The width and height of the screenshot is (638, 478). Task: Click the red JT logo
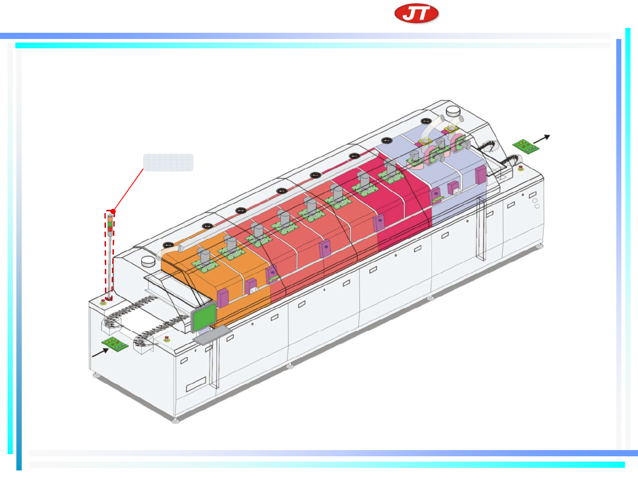pos(416,13)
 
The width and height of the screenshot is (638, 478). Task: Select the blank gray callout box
pos(168,163)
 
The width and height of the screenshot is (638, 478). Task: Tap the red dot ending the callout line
pos(113,212)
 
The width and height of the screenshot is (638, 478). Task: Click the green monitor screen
pos(204,317)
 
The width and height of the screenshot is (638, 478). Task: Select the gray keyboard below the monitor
pos(212,334)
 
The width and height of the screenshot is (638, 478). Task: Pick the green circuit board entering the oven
pos(115,344)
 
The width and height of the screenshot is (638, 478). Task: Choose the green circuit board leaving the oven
pos(525,146)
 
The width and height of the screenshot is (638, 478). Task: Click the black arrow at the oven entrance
pos(100,353)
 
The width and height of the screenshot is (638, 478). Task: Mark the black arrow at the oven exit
pos(541,139)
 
